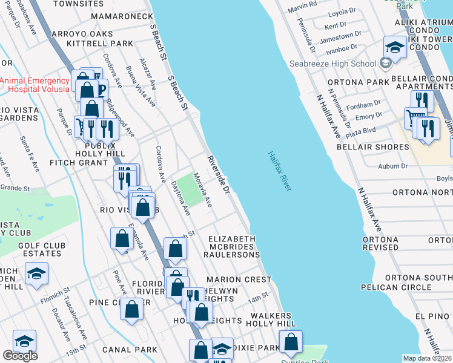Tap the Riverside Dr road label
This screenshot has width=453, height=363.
(219, 175)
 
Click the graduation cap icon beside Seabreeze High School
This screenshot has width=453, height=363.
(395, 47)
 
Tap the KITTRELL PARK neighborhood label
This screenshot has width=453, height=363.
(100, 44)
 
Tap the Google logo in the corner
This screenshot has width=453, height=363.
(20, 356)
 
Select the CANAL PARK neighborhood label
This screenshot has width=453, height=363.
(130, 349)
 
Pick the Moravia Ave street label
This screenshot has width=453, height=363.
(202, 190)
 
